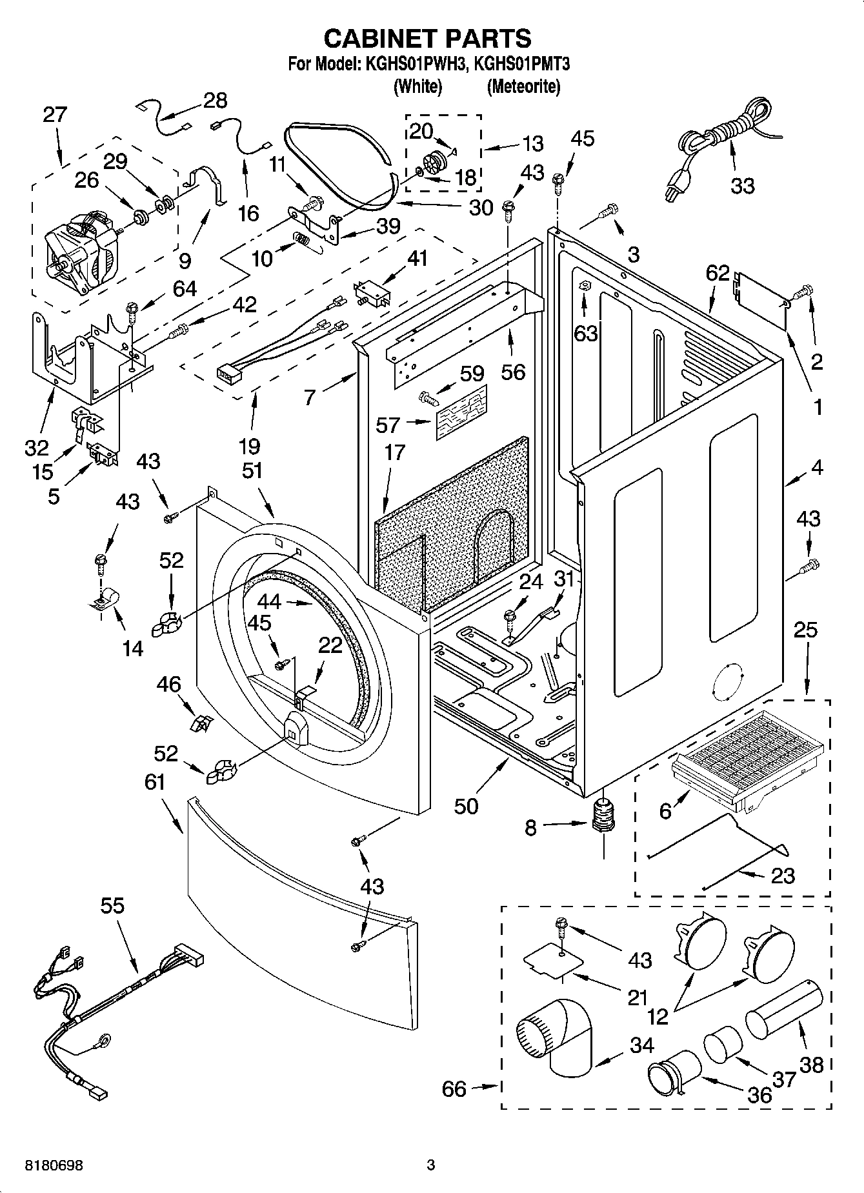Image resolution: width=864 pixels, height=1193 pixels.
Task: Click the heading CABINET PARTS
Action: pos(427,39)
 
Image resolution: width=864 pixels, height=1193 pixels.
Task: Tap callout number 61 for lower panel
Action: pos(155,783)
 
